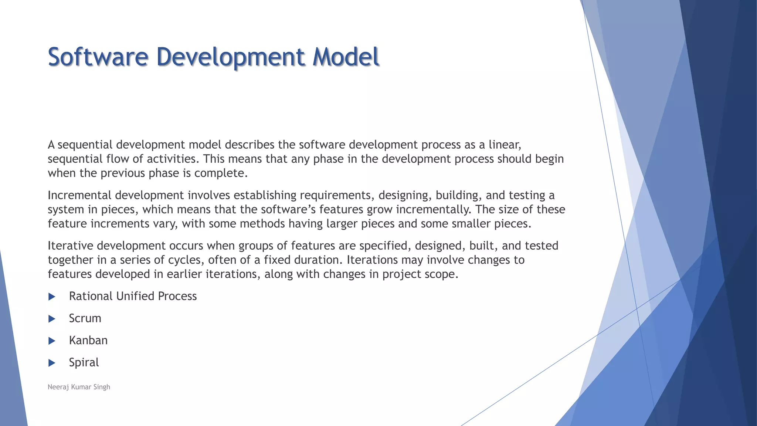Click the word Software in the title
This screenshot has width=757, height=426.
[98, 57]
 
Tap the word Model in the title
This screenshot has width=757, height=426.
[346, 57]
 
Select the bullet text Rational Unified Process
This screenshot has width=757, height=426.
[133, 296]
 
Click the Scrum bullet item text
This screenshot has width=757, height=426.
[85, 318]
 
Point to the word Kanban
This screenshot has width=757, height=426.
[88, 341]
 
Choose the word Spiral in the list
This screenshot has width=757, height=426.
[84, 362]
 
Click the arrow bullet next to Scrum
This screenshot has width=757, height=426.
[52, 319]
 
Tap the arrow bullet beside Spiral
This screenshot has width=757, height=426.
[52, 363]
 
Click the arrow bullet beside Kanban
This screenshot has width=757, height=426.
[52, 341]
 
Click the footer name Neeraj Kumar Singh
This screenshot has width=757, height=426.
[79, 387]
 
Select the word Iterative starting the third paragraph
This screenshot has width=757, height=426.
[70, 246]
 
